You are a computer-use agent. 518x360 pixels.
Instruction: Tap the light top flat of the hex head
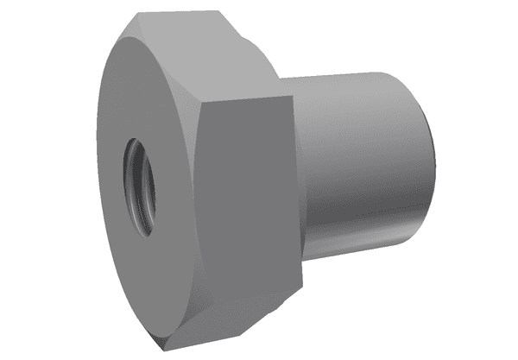[x=207, y=52]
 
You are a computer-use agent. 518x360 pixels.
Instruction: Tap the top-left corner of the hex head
[x=138, y=17]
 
